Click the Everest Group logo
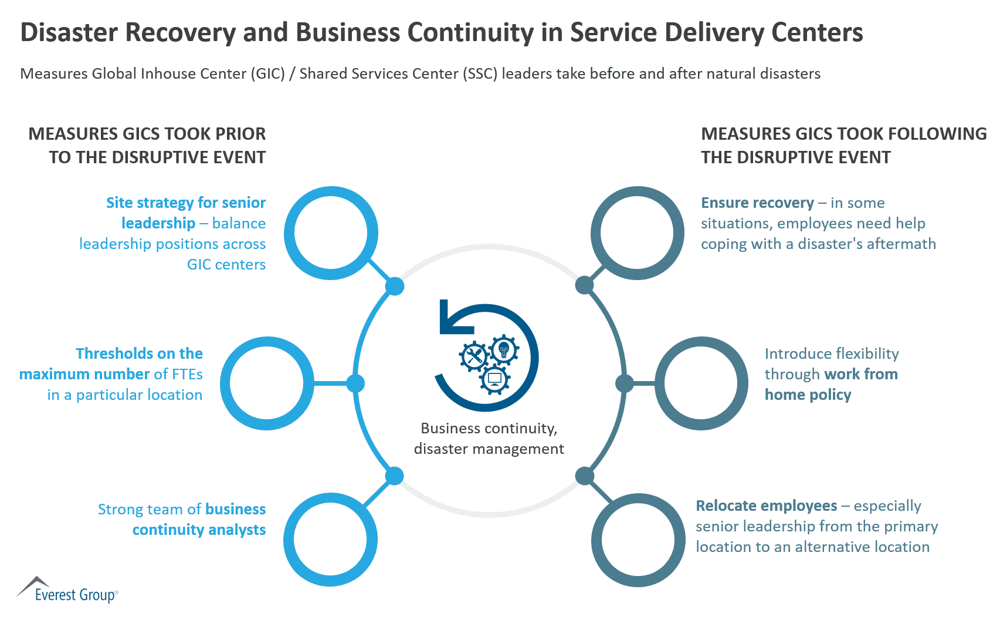(x=67, y=590)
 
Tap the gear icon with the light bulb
(x=503, y=350)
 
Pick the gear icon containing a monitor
(x=495, y=379)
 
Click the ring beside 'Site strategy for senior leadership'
(x=331, y=233)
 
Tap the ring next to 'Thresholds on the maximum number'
(x=267, y=383)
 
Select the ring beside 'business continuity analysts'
(x=330, y=539)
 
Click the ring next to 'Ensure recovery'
(x=637, y=233)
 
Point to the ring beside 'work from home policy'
(x=701, y=383)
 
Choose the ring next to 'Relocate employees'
(x=638, y=540)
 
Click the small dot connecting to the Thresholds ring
(x=355, y=383)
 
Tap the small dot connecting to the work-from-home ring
(x=625, y=383)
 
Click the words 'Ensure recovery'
(x=757, y=203)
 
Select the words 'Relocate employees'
(x=766, y=506)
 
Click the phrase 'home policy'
(x=808, y=395)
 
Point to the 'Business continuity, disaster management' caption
(x=489, y=439)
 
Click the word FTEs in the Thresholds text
(x=187, y=375)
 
